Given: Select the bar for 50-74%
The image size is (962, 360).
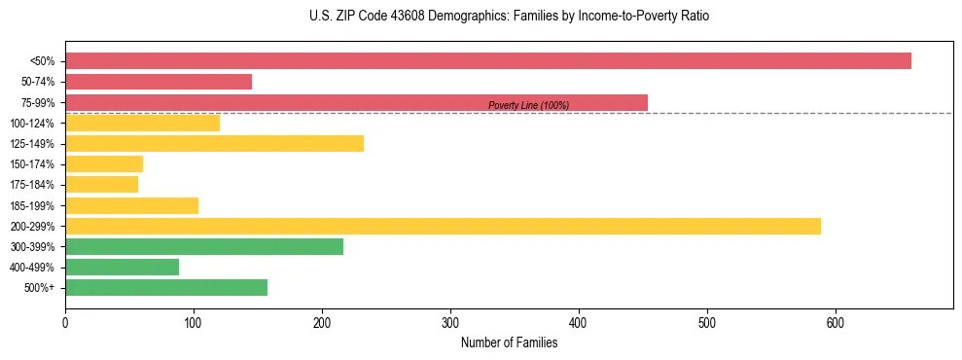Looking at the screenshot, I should coord(159,82).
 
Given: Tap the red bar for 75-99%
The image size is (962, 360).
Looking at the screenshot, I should coord(356,102).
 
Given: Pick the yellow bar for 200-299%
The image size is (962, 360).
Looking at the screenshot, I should coord(443,226).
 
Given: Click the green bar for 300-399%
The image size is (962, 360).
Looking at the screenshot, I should coord(204,246).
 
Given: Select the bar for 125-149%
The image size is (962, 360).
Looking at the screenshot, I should coord(214,143).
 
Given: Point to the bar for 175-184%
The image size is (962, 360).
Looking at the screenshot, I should coord(101,185).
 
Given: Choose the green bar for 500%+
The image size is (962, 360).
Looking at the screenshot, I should coord(166,288).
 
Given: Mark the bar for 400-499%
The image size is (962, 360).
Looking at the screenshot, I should coord(122,268).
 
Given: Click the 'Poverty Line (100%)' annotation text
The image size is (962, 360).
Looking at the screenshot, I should coord(528,106).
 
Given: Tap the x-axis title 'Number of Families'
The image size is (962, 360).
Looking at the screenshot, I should coord(509,342).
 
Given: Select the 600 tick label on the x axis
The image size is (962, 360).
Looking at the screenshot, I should coord(836,322).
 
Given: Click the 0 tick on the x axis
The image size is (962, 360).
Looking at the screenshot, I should coord(65,322).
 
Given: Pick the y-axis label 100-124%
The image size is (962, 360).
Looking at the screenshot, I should coord(32,124).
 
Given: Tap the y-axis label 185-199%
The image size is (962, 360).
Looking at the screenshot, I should coord(32,206).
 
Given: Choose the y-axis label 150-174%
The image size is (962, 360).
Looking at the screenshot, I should coord(32,164).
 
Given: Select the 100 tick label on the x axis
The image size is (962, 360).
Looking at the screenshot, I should coord(194,322).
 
